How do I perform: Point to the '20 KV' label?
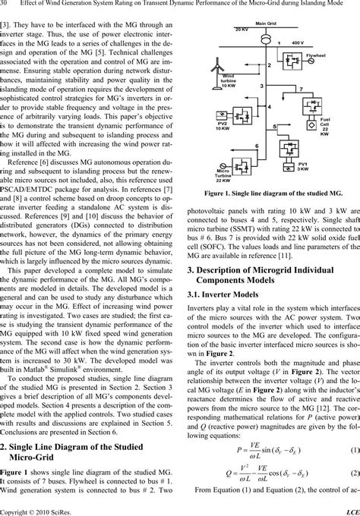tap(220, 29)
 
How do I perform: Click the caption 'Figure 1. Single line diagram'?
tap(270, 194)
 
